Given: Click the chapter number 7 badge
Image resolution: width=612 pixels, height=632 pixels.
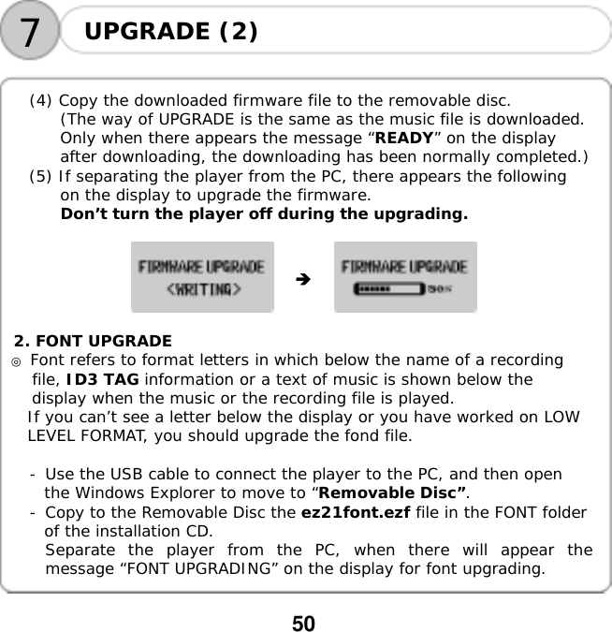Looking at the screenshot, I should click(x=31, y=33).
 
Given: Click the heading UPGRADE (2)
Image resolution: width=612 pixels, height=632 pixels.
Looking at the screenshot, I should click(x=171, y=31).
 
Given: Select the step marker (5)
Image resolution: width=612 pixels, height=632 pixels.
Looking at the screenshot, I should click(x=42, y=177).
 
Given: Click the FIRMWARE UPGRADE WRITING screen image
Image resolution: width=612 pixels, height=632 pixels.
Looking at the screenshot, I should click(x=202, y=277).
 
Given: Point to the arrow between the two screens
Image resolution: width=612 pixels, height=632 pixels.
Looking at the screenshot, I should click(x=301, y=279).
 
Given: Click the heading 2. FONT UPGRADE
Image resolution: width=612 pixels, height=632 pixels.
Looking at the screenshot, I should click(x=93, y=341).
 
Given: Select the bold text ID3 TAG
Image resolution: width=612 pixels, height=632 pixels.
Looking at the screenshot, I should click(x=103, y=379).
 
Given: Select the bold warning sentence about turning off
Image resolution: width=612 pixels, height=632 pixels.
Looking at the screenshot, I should click(x=264, y=214).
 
